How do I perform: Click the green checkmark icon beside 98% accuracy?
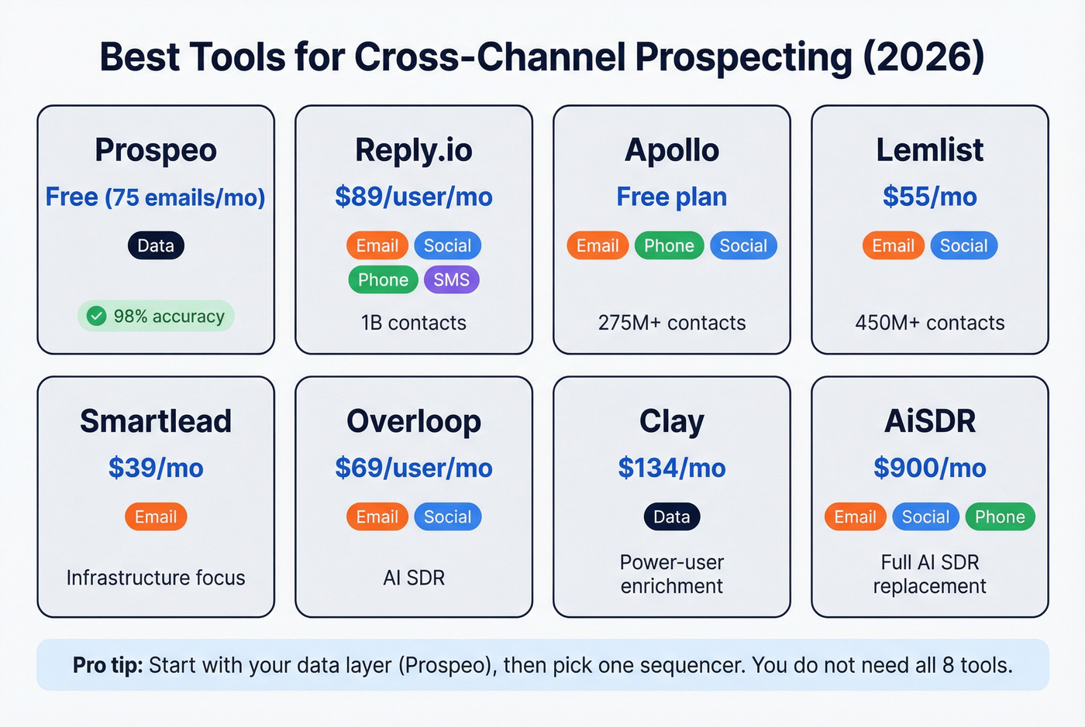click(96, 316)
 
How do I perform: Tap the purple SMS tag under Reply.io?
click(451, 279)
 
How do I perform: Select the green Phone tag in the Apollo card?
click(669, 245)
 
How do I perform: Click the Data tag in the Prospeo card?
click(156, 245)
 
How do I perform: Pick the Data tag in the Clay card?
click(671, 516)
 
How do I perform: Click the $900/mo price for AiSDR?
click(929, 468)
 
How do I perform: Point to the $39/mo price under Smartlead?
click(156, 468)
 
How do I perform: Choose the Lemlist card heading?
click(929, 149)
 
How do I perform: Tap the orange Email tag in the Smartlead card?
click(156, 516)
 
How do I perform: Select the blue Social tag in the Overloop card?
click(447, 516)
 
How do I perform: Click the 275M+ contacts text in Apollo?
click(671, 323)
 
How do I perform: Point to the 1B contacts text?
click(414, 323)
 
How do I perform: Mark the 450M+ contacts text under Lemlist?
click(929, 323)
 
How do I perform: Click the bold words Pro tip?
click(108, 665)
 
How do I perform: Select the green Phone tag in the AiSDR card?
click(999, 516)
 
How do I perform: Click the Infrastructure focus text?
click(156, 578)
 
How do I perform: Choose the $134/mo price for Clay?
click(671, 468)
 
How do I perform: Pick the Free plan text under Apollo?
click(671, 197)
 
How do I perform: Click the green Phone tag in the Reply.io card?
click(383, 279)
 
